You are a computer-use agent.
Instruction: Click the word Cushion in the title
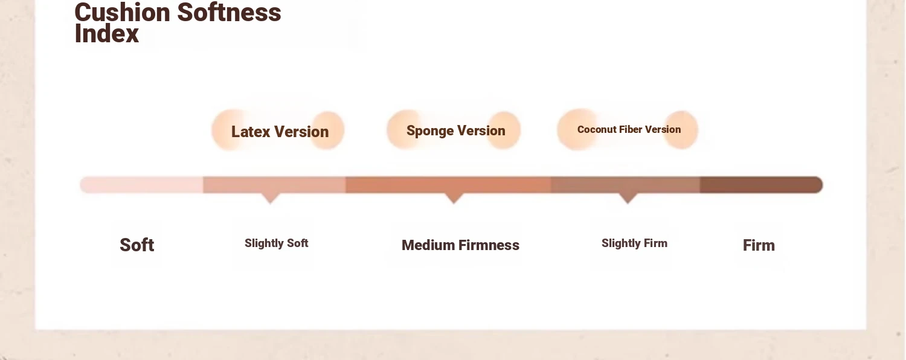pos(122,12)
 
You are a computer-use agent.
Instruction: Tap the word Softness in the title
pos(229,12)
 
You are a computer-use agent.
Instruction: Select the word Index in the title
pos(107,34)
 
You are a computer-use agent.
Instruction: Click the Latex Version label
pos(280,132)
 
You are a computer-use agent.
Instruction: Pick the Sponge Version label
pos(456,130)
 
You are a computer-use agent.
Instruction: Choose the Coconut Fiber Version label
pos(629,129)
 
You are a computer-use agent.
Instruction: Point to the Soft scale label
pos(137,245)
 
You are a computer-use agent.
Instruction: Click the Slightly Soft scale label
pos(276,243)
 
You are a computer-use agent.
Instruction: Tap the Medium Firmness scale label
pos(460,245)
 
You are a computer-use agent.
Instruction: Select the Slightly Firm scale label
pos(634,243)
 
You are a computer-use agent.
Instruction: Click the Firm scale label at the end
pos(759,245)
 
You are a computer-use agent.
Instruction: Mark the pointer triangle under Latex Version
pos(271,198)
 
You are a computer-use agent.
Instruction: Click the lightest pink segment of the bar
pos(141,185)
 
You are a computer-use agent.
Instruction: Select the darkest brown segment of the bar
pos(761,185)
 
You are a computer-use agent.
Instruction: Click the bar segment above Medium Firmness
pos(448,185)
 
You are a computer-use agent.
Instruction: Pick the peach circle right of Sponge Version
pos(503,130)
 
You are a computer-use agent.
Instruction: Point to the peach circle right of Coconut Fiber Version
pos(681,130)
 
